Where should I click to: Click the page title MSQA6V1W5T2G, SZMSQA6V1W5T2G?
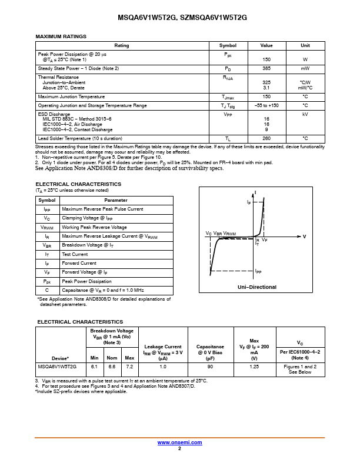point(179,19)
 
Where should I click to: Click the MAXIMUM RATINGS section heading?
point(61,36)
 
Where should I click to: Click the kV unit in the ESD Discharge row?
point(305,114)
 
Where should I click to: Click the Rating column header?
point(122,45)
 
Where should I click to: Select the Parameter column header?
point(116,201)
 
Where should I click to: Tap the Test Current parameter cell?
point(75,254)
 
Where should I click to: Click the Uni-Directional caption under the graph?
point(256,287)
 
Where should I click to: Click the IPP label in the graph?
point(258,271)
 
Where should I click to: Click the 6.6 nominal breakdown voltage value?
point(111,366)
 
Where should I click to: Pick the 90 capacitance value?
point(210,366)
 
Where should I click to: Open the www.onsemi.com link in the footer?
point(179,442)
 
